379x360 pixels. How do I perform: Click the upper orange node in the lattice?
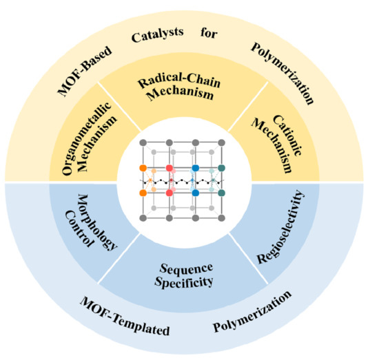[143, 168]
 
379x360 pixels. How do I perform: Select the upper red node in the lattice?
[169, 168]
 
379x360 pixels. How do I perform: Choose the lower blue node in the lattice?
[196, 193]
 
